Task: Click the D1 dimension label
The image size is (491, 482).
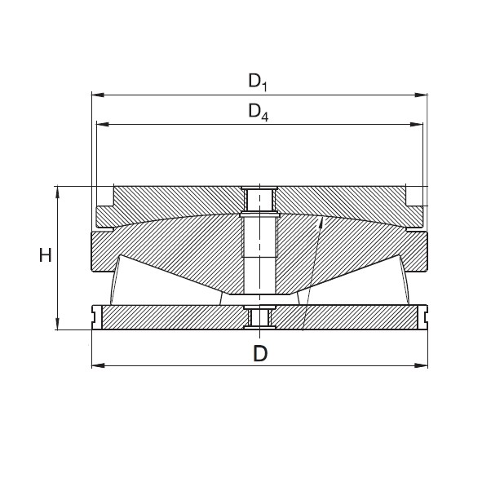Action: (258, 81)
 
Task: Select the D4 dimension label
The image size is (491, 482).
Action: (258, 111)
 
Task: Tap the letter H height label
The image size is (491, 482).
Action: (46, 256)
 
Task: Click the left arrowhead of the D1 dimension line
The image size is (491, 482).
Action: (95, 95)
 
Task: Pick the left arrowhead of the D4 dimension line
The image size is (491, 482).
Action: (101, 125)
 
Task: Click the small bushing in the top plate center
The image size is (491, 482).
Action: (259, 198)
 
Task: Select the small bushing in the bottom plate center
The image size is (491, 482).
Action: (259, 316)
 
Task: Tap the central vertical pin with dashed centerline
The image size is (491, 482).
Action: (259, 253)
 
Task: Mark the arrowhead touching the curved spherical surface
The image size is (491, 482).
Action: (321, 221)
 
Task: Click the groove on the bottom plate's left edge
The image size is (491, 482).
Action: (95, 315)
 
